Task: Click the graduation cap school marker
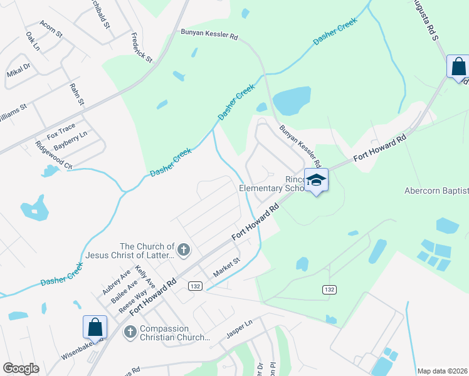[x=317, y=180]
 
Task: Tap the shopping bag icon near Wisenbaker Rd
[x=95, y=327]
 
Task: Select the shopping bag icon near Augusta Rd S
[x=458, y=66]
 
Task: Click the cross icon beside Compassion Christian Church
[x=130, y=332]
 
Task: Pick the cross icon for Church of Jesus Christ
[x=184, y=251]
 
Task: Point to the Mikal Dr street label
[x=18, y=70]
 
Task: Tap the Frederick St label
[x=142, y=48]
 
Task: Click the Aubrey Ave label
[x=116, y=282]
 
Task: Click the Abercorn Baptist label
[x=436, y=191]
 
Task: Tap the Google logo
[x=21, y=368]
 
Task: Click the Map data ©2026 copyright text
[x=442, y=371]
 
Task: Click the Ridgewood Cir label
[x=54, y=155]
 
